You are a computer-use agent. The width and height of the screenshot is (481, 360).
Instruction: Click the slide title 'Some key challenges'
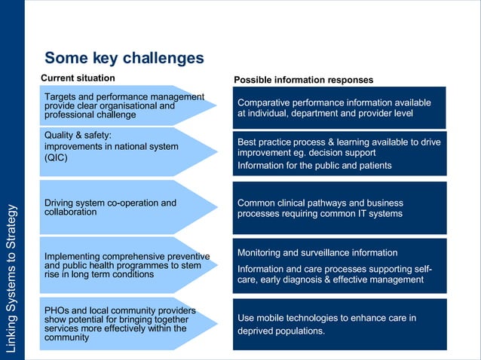pyautogui.click(x=124, y=58)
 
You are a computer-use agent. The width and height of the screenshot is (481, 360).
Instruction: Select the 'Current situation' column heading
pyautogui.click(x=78, y=78)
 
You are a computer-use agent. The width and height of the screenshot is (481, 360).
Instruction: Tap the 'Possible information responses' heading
pyautogui.click(x=303, y=80)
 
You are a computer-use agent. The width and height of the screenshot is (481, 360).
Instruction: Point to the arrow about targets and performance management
pyautogui.click(x=125, y=105)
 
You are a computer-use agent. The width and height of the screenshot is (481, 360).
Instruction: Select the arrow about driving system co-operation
pyautogui.click(x=125, y=208)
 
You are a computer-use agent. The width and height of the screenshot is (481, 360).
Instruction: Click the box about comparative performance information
pyautogui.click(x=339, y=108)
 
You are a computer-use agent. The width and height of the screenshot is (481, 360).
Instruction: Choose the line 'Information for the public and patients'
pyautogui.click(x=314, y=165)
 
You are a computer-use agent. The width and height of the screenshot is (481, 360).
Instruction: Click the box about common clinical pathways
pyautogui.click(x=339, y=208)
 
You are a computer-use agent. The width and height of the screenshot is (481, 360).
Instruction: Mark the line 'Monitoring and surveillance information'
pyautogui.click(x=317, y=252)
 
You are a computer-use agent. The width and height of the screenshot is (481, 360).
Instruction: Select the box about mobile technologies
pyautogui.click(x=339, y=324)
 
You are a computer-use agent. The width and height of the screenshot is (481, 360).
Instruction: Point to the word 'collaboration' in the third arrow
pyautogui.click(x=70, y=212)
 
